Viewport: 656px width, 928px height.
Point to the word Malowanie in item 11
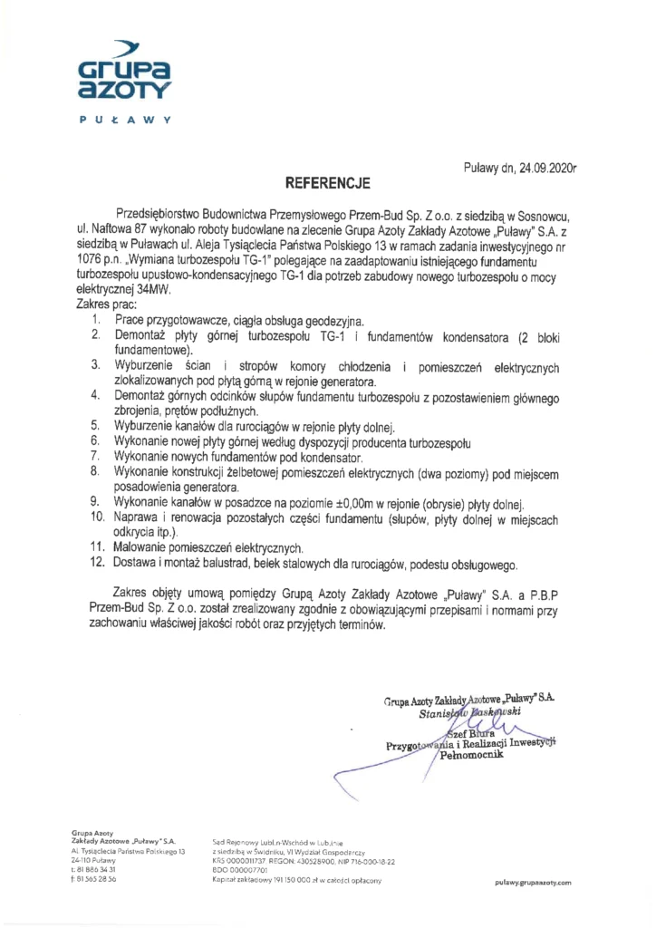(143, 547)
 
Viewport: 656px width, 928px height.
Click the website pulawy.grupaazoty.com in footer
(533, 883)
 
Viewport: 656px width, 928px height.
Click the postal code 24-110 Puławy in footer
(93, 860)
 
